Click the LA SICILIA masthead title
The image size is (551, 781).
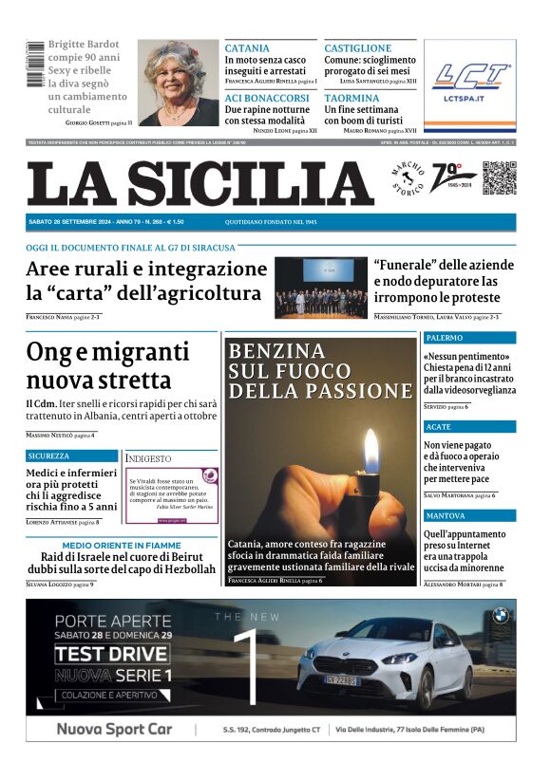click(x=200, y=183)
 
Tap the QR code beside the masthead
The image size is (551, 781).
click(x=499, y=178)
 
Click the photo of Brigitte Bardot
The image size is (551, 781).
click(x=178, y=83)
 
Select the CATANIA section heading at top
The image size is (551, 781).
click(x=247, y=48)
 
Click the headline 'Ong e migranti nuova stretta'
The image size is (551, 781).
click(x=107, y=366)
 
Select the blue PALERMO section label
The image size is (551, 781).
click(x=445, y=338)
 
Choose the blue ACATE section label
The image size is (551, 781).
click(x=439, y=427)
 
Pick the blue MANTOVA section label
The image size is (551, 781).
click(x=446, y=515)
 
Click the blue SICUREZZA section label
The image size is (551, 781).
click(x=48, y=456)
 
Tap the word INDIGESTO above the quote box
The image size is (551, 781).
click(x=149, y=458)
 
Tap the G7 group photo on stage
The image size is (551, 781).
click(x=320, y=288)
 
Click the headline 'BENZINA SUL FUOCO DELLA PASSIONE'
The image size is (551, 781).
click(x=291, y=370)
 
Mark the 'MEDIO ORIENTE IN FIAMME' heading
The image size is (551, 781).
click(x=122, y=546)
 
